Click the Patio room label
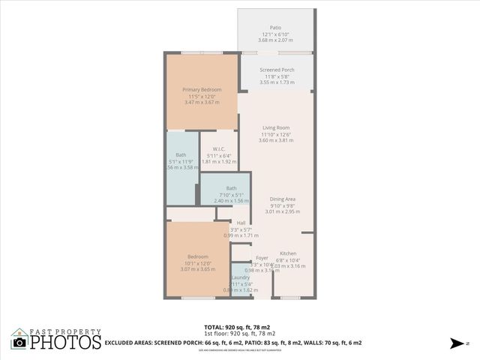pos(275,28)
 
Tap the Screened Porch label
pos(277,70)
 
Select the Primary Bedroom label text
pos(202,89)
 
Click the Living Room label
pos(275,127)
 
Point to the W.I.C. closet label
pos(219,148)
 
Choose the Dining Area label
pos(283,199)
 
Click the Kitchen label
pos(288,253)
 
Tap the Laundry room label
pos(240,277)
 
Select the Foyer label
pos(262,258)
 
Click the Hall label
pos(241,223)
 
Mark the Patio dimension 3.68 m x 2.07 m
pos(275,40)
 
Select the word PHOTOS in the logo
pos(65,343)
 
